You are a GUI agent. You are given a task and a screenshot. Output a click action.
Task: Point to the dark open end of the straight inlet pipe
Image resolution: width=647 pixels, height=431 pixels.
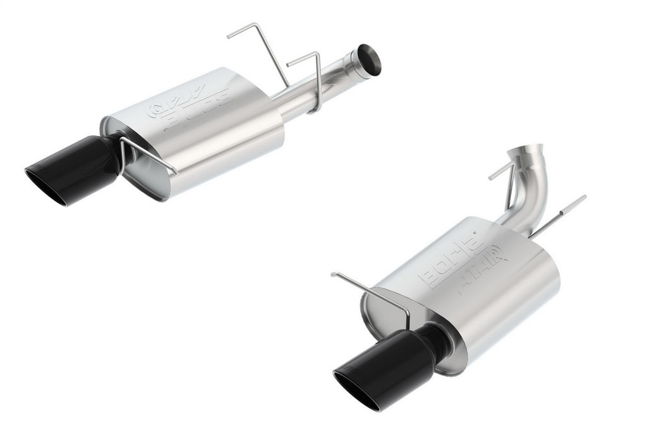369,59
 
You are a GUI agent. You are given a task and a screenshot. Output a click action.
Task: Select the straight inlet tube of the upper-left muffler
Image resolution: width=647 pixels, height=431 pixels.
316,88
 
